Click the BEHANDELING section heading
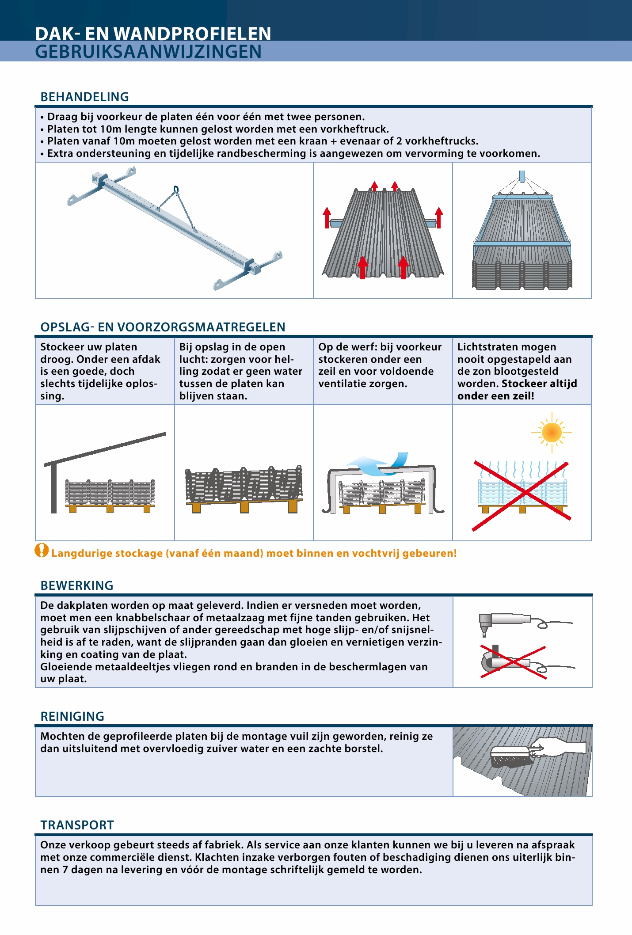(84, 97)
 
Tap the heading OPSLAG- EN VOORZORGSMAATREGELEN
(163, 327)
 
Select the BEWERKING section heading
(77, 585)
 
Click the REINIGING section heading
(72, 716)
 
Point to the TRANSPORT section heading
(77, 825)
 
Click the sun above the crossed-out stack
(552, 432)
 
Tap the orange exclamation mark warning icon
(42, 551)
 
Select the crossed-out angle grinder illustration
(508, 662)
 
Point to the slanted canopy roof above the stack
(105, 448)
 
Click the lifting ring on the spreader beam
(176, 190)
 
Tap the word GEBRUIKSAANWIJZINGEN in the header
(148, 52)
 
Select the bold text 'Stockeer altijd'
(539, 384)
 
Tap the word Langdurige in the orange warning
(73, 553)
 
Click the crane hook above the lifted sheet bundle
(522, 176)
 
